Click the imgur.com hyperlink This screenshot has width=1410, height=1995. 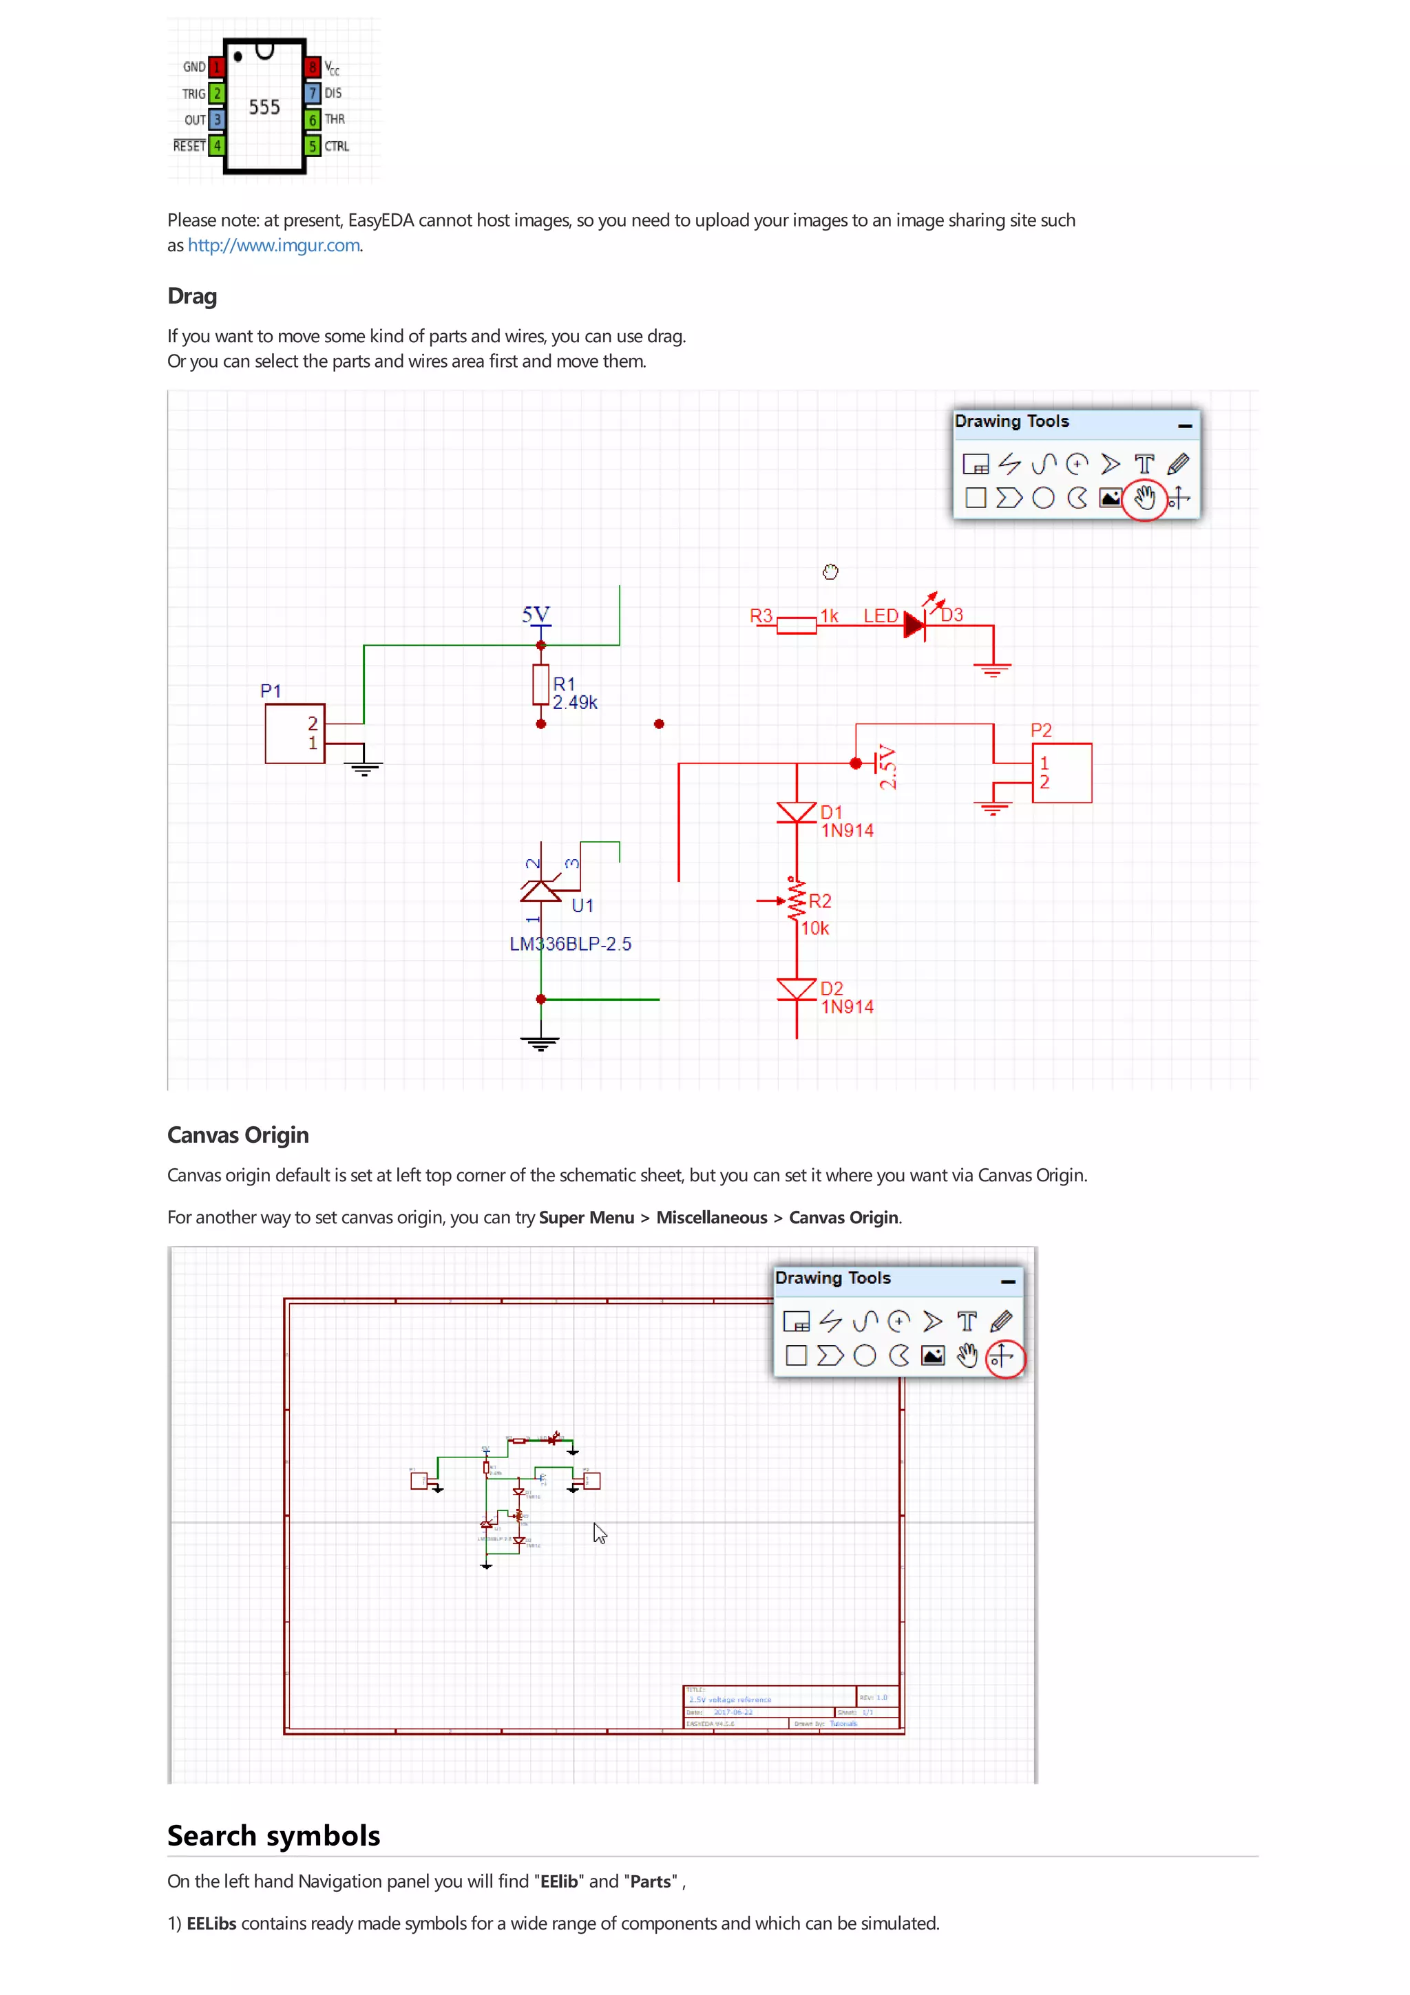[x=273, y=246]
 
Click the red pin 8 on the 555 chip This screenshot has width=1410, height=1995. [x=313, y=67]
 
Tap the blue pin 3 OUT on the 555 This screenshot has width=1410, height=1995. [x=217, y=119]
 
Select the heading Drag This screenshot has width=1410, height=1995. [x=192, y=296]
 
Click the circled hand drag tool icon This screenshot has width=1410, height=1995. [x=1144, y=498]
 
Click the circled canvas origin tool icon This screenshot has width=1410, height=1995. [x=1003, y=1356]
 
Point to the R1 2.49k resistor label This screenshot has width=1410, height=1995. [x=574, y=693]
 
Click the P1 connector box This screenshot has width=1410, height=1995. [x=295, y=735]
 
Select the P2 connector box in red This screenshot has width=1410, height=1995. [x=1062, y=772]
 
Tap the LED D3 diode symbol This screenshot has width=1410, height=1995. [x=915, y=624]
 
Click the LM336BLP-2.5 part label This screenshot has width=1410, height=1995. [x=570, y=944]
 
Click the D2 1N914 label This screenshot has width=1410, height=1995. [x=846, y=998]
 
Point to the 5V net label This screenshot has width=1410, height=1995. [x=536, y=614]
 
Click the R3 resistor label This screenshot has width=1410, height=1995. [x=761, y=616]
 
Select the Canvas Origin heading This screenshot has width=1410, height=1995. [x=238, y=1136]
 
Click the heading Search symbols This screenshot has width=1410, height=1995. [x=273, y=1836]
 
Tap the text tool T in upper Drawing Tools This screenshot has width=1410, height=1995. [x=1144, y=464]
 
